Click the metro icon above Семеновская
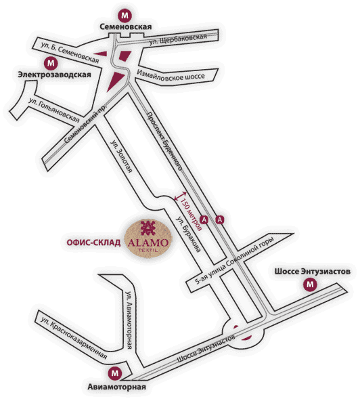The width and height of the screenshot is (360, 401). [x=125, y=16]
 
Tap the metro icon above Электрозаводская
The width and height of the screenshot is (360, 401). [x=51, y=63]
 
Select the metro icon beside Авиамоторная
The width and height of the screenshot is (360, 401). [x=115, y=373]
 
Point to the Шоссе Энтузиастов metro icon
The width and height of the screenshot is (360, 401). [x=310, y=284]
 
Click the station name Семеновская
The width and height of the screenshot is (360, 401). [x=125, y=27]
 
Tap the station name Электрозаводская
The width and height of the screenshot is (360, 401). [x=54, y=75]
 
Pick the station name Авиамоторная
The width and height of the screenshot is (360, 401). [x=117, y=387]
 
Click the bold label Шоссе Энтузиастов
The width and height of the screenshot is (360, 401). [x=312, y=272]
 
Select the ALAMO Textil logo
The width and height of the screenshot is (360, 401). [x=148, y=238]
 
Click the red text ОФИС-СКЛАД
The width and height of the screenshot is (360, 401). [x=93, y=242]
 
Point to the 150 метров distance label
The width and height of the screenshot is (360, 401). [x=191, y=214]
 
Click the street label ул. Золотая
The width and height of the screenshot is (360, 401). [x=121, y=156]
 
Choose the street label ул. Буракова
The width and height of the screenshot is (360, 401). [x=189, y=234]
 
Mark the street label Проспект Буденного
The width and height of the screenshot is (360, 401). [x=164, y=141]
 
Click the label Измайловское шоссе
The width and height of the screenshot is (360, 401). [x=171, y=75]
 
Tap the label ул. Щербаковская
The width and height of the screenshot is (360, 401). [x=178, y=39]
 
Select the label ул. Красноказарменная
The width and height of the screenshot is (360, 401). [x=74, y=338]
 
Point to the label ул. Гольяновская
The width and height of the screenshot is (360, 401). [x=54, y=110]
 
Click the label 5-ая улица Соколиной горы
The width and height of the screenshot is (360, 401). [x=234, y=261]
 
